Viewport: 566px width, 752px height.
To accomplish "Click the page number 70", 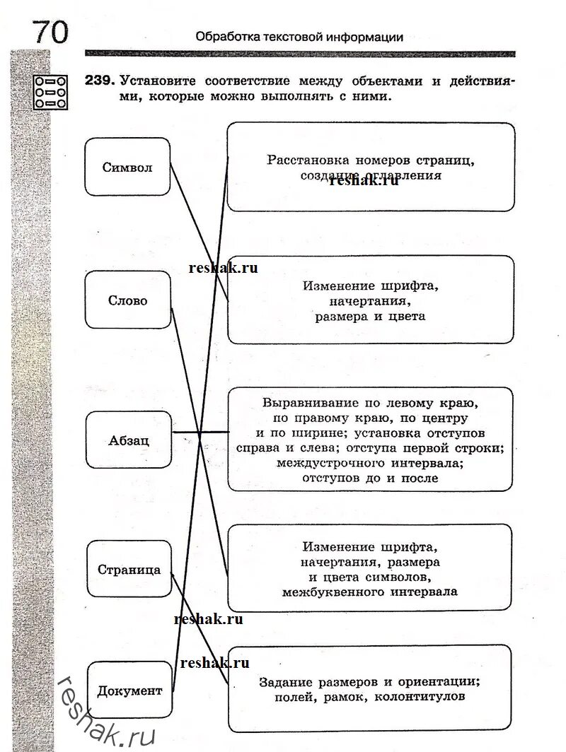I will click(x=50, y=32).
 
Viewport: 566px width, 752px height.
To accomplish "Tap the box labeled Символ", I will click(x=127, y=167).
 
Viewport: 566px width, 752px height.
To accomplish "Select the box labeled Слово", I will click(x=128, y=300).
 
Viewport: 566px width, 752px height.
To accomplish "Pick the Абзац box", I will click(x=129, y=440).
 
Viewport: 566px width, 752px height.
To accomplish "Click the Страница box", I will click(x=129, y=569).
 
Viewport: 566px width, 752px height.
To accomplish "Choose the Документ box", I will click(x=130, y=691).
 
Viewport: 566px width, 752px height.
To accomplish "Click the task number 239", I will click(x=98, y=81).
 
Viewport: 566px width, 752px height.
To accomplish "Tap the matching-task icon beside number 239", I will click(x=52, y=91).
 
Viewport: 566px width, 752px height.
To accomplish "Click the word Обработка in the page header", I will click(x=226, y=37).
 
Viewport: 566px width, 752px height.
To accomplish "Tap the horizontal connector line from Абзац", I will click(x=200, y=432).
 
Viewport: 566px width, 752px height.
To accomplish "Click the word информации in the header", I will click(x=365, y=37).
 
